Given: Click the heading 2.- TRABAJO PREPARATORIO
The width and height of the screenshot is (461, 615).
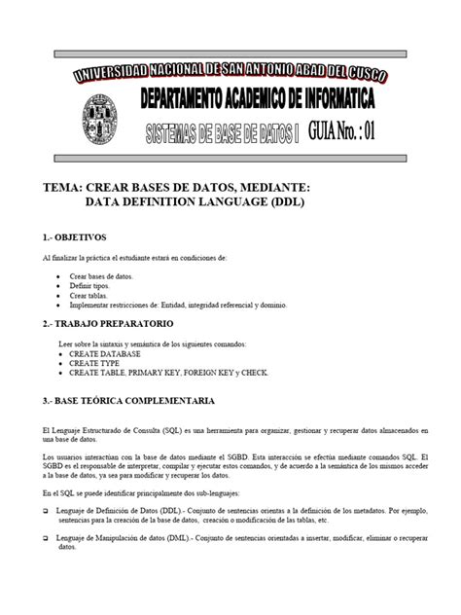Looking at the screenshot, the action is click(108, 322).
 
